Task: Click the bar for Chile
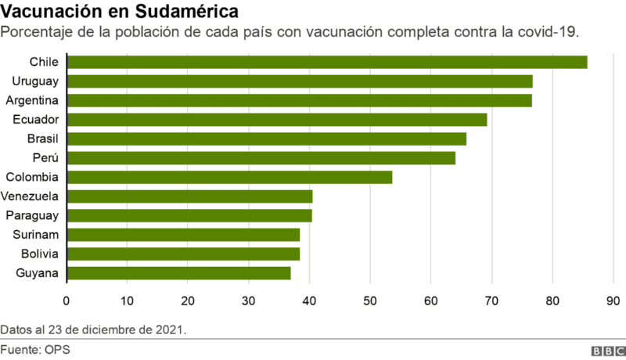(327, 63)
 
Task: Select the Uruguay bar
(300, 81)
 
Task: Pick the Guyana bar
(178, 273)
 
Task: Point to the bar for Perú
(261, 158)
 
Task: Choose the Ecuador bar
(277, 120)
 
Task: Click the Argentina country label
(32, 100)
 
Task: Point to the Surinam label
(36, 235)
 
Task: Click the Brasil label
(42, 139)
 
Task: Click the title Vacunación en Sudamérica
(121, 13)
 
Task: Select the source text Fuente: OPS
(35, 349)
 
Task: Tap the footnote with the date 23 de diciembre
(94, 328)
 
